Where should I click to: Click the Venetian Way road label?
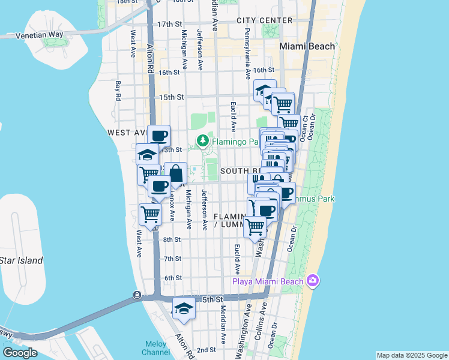(x=40, y=34)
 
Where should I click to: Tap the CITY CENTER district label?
(x=264, y=20)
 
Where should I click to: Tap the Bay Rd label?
(x=118, y=90)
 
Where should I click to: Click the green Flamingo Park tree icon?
(x=202, y=142)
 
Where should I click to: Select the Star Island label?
(x=22, y=260)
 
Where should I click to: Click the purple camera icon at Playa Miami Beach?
(x=312, y=280)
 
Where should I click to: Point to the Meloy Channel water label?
(x=157, y=348)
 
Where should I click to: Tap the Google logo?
(x=20, y=352)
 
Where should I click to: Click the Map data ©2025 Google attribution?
(x=411, y=355)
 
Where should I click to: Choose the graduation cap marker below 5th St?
(x=184, y=309)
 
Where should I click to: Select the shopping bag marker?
(x=175, y=174)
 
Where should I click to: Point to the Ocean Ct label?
(x=306, y=128)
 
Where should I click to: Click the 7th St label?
(x=173, y=259)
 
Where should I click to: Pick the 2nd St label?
(x=206, y=350)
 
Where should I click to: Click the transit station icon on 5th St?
(x=137, y=295)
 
